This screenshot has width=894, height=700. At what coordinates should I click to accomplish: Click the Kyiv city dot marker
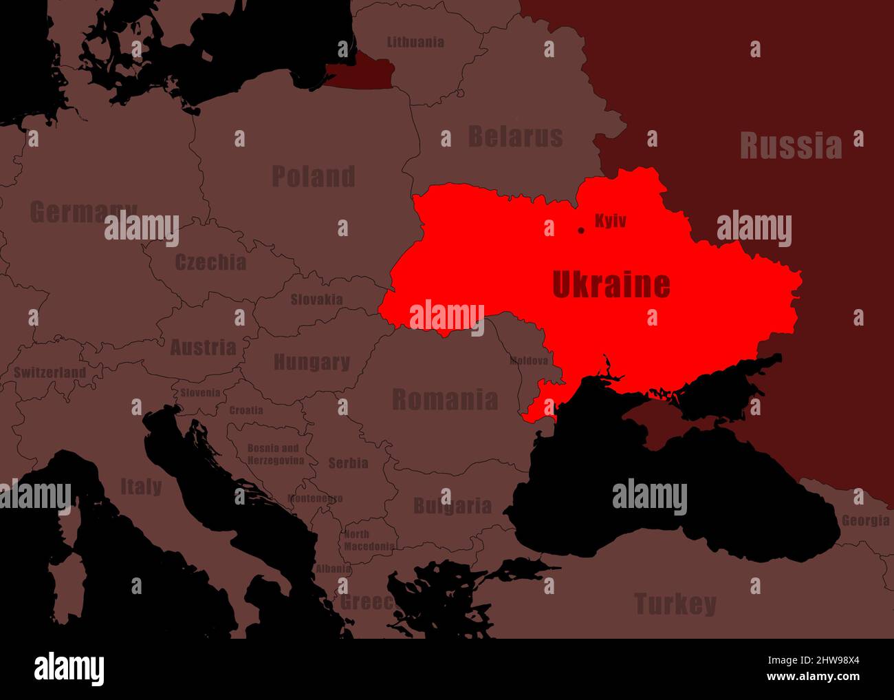pos(581,230)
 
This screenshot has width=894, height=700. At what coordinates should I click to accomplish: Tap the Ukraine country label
pos(611,284)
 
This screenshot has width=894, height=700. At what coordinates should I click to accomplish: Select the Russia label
pos(790,146)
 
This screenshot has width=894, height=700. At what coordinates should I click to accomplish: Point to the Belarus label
pos(515,136)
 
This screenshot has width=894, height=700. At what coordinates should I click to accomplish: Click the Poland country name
pos(313,176)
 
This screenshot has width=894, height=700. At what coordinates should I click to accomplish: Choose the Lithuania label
pos(415,42)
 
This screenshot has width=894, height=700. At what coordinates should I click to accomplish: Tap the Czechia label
pos(210,262)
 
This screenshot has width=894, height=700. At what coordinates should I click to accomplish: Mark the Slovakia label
pos(316,299)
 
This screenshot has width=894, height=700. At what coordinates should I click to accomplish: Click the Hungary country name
pos(312,362)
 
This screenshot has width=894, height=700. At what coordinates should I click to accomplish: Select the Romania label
pos(445,399)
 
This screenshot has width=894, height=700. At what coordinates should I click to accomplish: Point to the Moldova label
pos(529,361)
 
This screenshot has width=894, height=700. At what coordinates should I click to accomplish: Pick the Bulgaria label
pos(452,507)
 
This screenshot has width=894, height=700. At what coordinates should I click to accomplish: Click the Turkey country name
pos(675,604)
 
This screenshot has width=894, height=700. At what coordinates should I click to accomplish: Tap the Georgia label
pos(865,521)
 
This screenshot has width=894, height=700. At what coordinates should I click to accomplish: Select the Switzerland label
pos(50,372)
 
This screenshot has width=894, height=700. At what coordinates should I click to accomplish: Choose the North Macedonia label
pos(369,540)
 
